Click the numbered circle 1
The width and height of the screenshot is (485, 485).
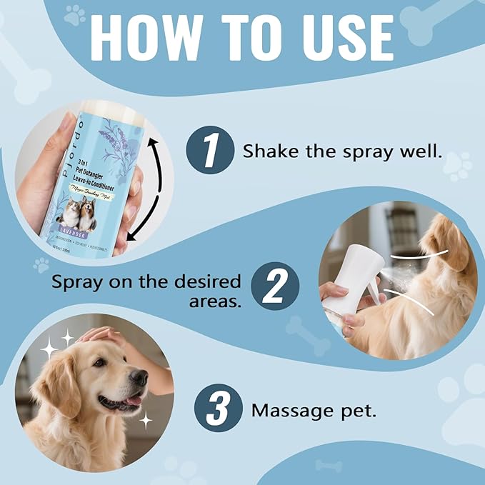pyautogui.click(x=210, y=151)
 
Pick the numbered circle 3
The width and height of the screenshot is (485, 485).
pyautogui.click(x=216, y=411)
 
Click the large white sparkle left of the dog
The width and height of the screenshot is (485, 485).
pyautogui.click(x=50, y=349)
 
